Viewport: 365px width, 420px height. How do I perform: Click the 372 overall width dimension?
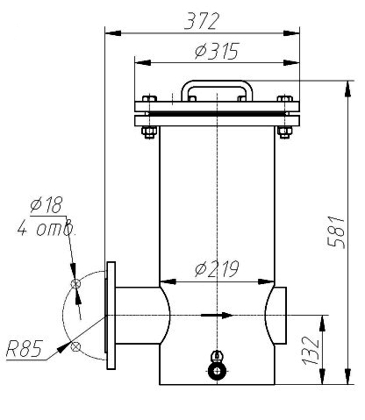tap(202, 21)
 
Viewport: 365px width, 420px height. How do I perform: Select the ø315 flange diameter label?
tap(217, 51)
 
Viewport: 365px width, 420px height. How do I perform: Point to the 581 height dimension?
tap(336, 232)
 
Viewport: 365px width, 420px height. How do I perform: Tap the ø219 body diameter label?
tap(217, 269)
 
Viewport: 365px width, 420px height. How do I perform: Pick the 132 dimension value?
tap(311, 351)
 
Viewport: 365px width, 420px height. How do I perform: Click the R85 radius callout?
tap(25, 349)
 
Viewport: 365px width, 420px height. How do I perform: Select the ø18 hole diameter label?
tap(47, 204)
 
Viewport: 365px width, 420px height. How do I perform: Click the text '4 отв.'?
tap(46, 228)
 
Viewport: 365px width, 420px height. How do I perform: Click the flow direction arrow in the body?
tap(217, 316)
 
